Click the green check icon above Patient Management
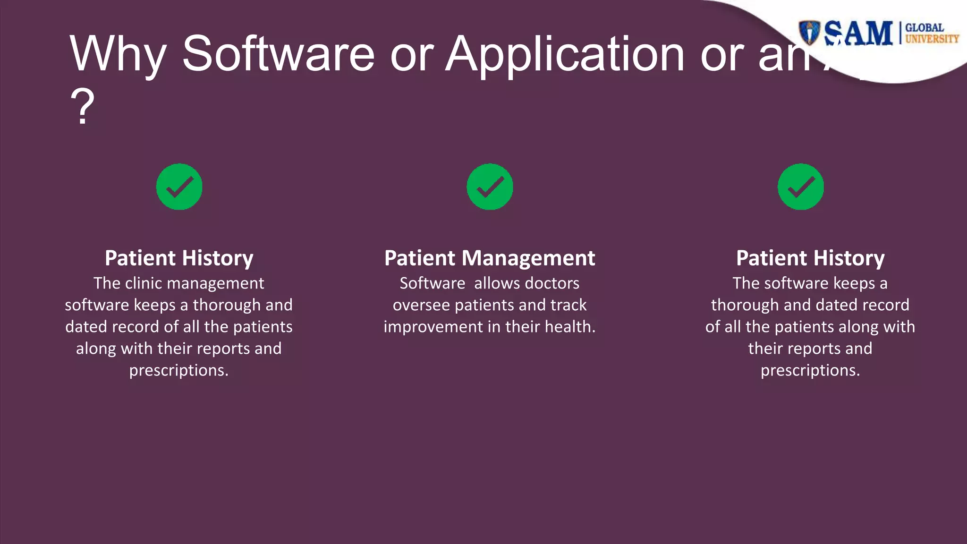[x=490, y=187]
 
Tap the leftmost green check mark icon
[x=179, y=187]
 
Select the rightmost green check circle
[x=800, y=187]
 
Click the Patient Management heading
[x=490, y=258]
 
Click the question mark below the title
[x=83, y=108]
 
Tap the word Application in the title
[x=565, y=54]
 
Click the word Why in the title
[x=118, y=54]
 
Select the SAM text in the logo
[x=858, y=34]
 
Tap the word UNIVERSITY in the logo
[x=932, y=39]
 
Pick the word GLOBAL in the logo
[x=924, y=27]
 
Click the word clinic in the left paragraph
[x=144, y=283]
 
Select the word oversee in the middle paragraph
[x=421, y=305]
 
